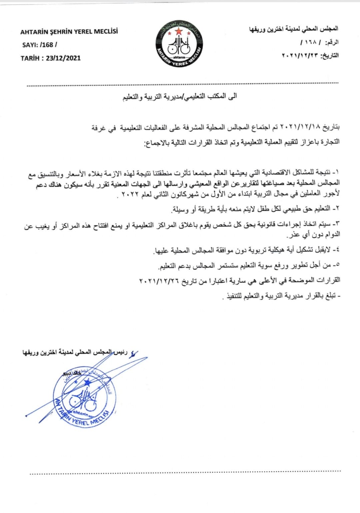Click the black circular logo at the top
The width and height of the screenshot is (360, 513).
(179, 43)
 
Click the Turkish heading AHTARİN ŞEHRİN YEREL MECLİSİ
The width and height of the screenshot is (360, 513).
(69, 32)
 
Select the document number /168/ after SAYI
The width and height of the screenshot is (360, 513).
(48, 45)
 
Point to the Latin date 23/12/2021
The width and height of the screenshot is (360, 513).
(63, 58)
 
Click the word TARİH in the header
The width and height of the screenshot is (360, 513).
(30, 58)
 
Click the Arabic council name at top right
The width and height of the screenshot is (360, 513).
(294, 29)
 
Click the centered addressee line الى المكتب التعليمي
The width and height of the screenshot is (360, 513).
(180, 97)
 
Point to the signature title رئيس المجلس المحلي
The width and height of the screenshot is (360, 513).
(100, 352)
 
